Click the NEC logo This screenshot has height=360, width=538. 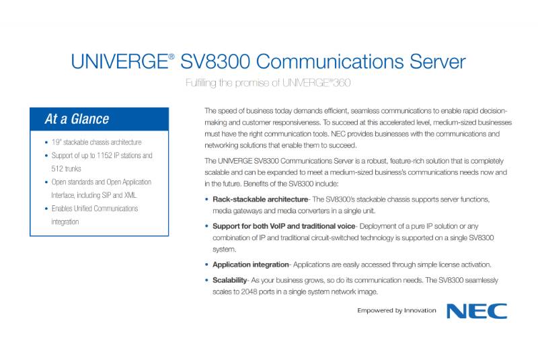pyautogui.click(x=477, y=311)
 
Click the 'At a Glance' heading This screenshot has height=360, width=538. pyautogui.click(x=77, y=119)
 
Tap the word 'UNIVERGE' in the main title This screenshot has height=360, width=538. pyautogui.click(x=120, y=62)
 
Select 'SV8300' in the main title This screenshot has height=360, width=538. pyautogui.click(x=215, y=62)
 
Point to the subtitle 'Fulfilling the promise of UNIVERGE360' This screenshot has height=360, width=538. pyautogui.click(x=268, y=83)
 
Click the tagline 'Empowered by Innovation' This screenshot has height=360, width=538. pyautogui.click(x=397, y=311)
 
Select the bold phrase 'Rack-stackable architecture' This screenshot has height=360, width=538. pyautogui.click(x=260, y=199)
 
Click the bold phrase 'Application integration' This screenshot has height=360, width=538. pyautogui.click(x=250, y=264)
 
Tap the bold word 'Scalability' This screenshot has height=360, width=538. pyautogui.click(x=229, y=280)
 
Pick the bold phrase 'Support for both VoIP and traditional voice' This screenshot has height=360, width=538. pyautogui.click(x=284, y=226)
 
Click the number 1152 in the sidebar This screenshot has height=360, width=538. pyautogui.click(x=104, y=155)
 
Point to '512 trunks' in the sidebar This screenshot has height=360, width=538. pyautogui.click(x=66, y=169)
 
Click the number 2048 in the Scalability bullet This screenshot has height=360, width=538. pyautogui.click(x=249, y=292)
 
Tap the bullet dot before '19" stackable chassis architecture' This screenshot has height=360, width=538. pyautogui.click(x=46, y=143)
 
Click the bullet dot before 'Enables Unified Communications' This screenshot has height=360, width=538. pyautogui.click(x=46, y=209)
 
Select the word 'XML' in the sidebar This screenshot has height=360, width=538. pyautogui.click(x=130, y=195)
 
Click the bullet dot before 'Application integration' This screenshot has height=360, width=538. pyautogui.click(x=206, y=264)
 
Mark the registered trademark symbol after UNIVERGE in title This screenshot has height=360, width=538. pyautogui.click(x=171, y=57)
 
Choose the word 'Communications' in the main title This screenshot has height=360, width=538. pyautogui.click(x=330, y=62)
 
